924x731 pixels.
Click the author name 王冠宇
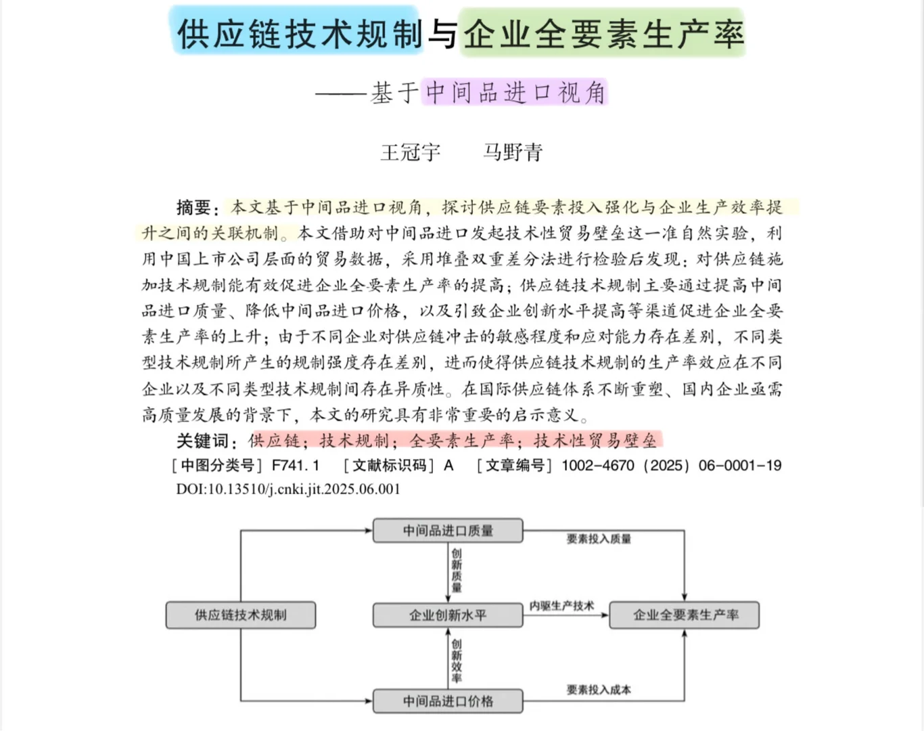pyautogui.click(x=410, y=152)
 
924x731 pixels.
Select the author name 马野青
pyautogui.click(x=513, y=152)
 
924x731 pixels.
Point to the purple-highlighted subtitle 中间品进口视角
pyautogui.click(x=515, y=93)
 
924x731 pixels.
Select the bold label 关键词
pyautogui.click(x=202, y=441)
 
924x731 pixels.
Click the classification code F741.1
pyautogui.click(x=296, y=466)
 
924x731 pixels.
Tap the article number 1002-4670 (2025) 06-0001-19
pyautogui.click(x=671, y=466)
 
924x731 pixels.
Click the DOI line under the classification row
pyautogui.click(x=288, y=489)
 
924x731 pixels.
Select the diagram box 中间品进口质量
pyautogui.click(x=448, y=531)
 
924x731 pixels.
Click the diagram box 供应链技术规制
pyautogui.click(x=241, y=615)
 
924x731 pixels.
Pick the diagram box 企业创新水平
pyautogui.click(x=448, y=615)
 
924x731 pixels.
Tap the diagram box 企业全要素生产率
pyautogui.click(x=685, y=615)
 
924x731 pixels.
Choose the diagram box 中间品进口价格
pyautogui.click(x=448, y=701)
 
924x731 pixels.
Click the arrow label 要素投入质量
pyautogui.click(x=599, y=539)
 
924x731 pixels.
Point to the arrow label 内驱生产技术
pyautogui.click(x=561, y=606)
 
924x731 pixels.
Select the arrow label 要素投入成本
pyautogui.click(x=599, y=690)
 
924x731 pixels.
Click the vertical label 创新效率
pyautogui.click(x=457, y=660)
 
